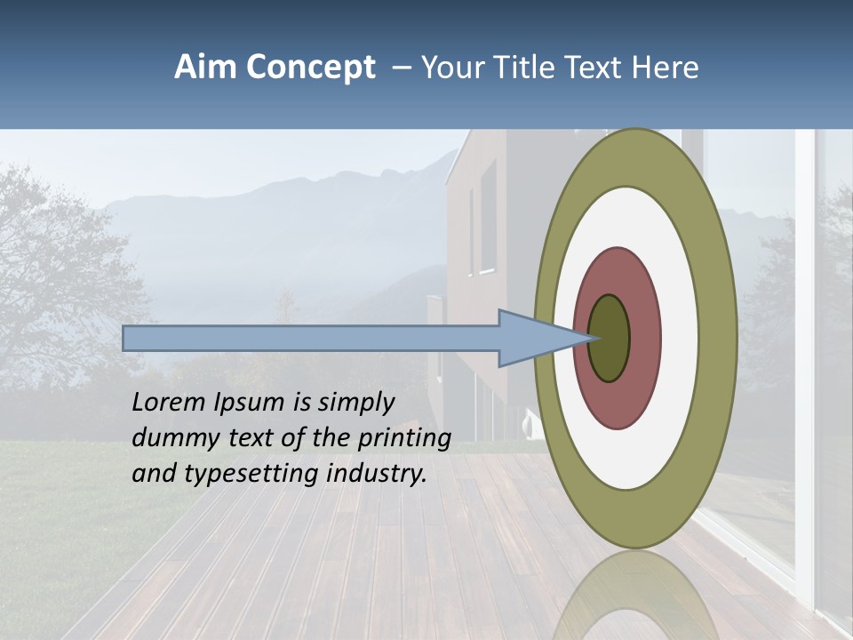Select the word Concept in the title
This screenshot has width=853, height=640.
pos(312,68)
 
